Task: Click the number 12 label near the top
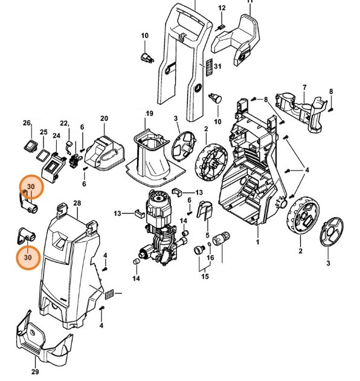click(222, 8)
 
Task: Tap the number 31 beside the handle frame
click(218, 66)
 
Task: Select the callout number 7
click(304, 87)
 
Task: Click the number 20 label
click(104, 118)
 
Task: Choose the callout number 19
click(149, 114)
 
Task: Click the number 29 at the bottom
click(35, 371)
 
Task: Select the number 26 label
click(27, 123)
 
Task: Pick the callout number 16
click(210, 257)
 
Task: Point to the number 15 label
click(205, 276)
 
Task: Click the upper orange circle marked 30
click(31, 187)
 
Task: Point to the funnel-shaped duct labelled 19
click(150, 154)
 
